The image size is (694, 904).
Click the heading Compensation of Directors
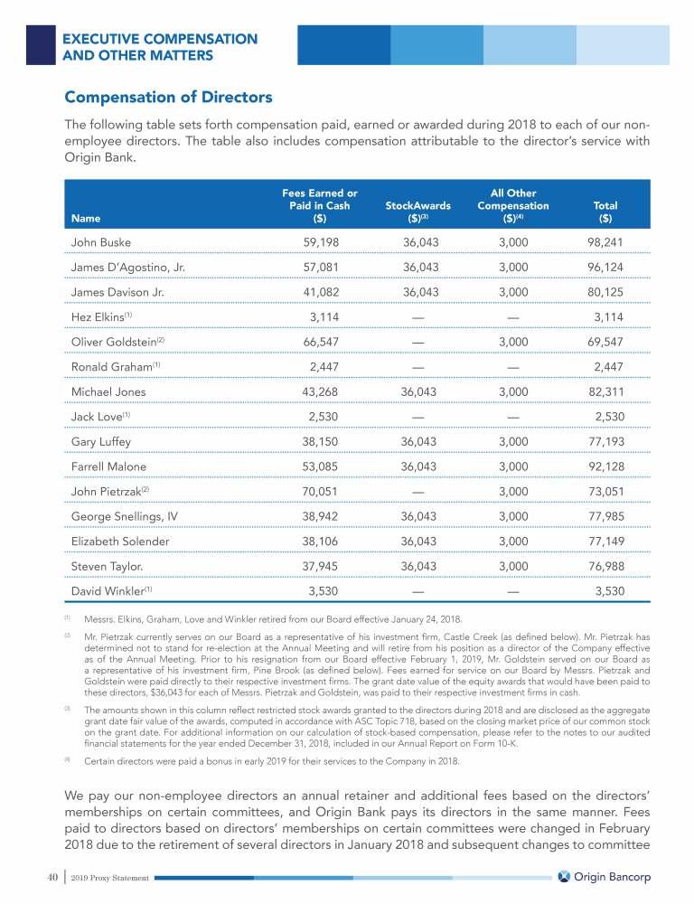168,97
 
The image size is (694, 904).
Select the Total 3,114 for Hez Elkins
609,317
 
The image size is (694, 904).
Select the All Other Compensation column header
512,205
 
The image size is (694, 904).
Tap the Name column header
86,218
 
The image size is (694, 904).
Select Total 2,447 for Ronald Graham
609,367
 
